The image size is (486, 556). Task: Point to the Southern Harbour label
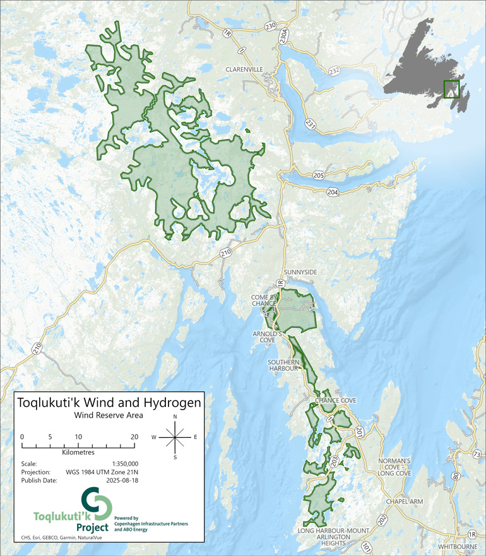pos(284,366)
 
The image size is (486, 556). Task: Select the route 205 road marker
pos(318,176)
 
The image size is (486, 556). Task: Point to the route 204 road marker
pos(332,192)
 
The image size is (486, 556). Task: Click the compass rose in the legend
pos(175,436)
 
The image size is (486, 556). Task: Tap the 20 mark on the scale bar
pos(134,437)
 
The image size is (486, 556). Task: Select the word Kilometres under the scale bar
pos(78,453)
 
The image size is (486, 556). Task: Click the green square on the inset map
pos(453,90)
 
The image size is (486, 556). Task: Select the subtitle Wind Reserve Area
pos(109,416)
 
